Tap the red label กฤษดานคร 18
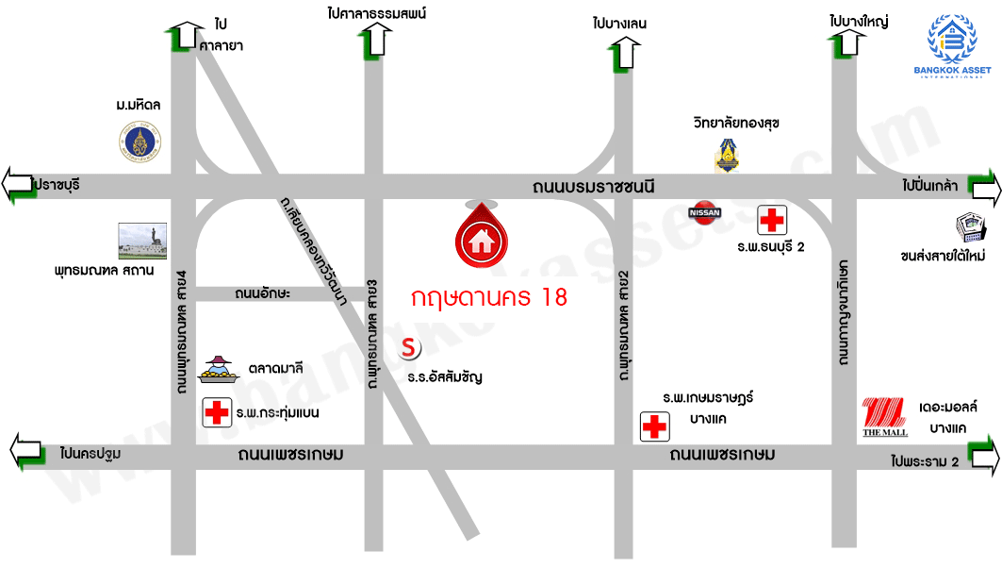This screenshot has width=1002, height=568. pyautogui.click(x=489, y=298)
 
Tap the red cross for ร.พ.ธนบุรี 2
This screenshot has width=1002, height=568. pyautogui.click(x=772, y=222)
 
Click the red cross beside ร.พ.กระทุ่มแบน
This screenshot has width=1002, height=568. pyautogui.click(x=218, y=412)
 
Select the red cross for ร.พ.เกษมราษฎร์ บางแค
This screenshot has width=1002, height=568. pyautogui.click(x=653, y=426)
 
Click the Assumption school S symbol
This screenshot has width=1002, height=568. pyautogui.click(x=409, y=348)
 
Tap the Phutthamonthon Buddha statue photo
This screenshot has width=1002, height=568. pyautogui.click(x=142, y=242)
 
